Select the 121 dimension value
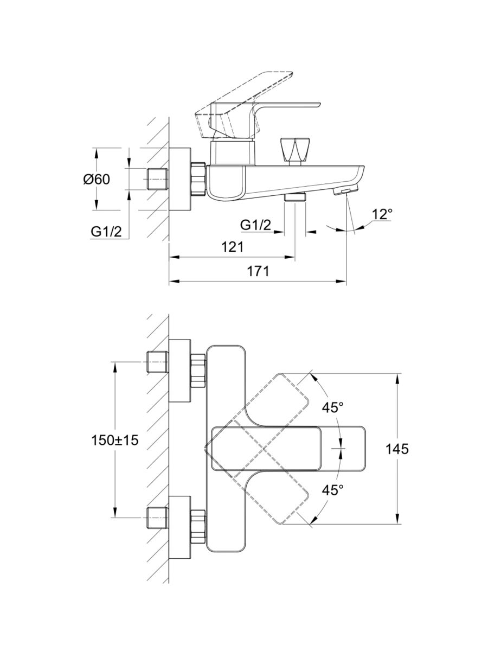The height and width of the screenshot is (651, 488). click(232, 247)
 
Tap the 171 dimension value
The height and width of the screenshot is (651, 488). click(258, 272)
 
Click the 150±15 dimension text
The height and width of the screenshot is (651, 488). click(115, 440)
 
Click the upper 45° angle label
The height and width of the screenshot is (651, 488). click(333, 407)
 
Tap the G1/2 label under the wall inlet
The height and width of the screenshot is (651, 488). click(106, 232)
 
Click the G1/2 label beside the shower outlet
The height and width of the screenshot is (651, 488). click(256, 225)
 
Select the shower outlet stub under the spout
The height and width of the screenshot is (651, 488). click(296, 197)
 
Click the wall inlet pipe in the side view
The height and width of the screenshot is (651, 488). click(158, 179)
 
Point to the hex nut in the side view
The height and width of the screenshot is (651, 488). click(198, 179)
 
